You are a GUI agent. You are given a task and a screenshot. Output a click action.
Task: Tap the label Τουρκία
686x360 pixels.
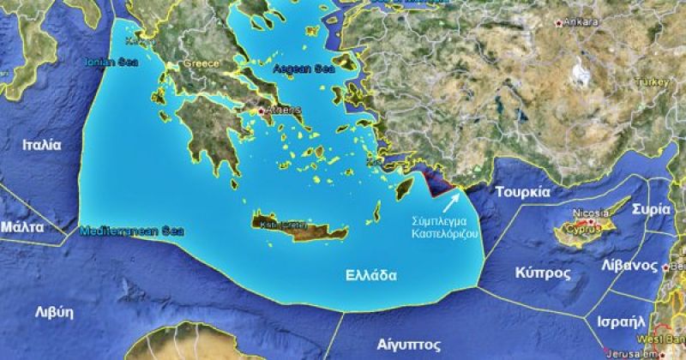coord(522,192)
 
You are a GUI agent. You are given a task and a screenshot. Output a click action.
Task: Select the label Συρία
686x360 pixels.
coord(651,208)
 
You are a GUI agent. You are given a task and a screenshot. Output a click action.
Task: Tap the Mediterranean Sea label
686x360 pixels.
coord(119,230)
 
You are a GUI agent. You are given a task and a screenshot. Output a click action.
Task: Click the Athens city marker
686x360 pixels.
coord(262,111)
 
